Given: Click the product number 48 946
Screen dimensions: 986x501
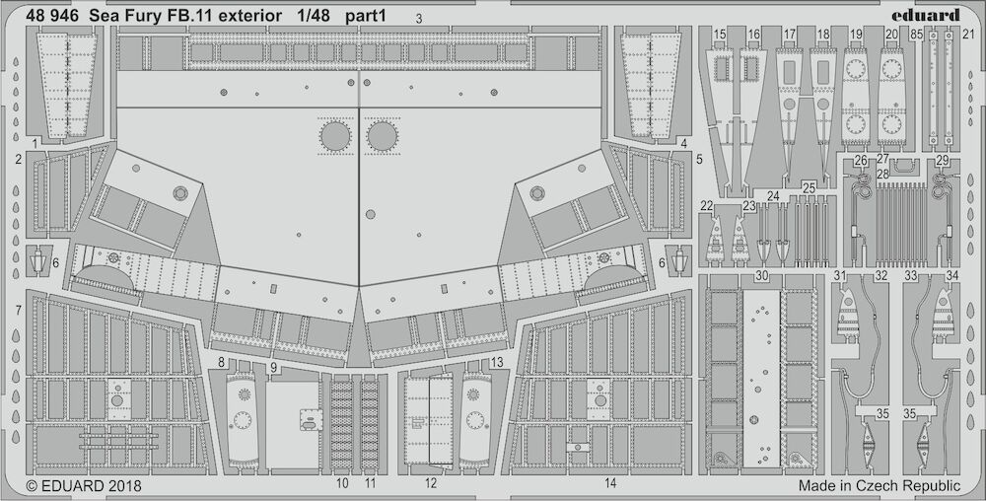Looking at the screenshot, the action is click(x=52, y=17).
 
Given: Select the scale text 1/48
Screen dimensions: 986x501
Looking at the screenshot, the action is click(x=314, y=17).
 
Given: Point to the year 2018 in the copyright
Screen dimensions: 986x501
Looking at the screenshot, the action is click(x=123, y=486).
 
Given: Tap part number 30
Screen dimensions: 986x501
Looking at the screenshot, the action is click(x=761, y=276).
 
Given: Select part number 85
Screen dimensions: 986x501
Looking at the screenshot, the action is click(x=916, y=36).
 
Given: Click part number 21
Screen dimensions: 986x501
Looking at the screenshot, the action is click(x=968, y=36).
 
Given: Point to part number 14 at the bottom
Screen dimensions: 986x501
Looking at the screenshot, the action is click(x=610, y=483).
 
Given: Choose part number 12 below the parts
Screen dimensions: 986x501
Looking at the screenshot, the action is click(x=430, y=483).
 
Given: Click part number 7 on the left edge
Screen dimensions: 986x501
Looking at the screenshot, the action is click(x=19, y=310).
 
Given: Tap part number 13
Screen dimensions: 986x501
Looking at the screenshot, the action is click(x=497, y=362).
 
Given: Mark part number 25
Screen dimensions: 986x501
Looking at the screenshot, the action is click(x=809, y=187).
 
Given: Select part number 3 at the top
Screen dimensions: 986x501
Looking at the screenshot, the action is click(x=419, y=19).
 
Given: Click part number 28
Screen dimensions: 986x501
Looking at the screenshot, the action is click(x=882, y=175).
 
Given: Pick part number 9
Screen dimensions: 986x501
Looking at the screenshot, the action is click(x=273, y=368).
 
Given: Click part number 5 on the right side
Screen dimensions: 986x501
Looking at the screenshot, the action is click(x=699, y=160).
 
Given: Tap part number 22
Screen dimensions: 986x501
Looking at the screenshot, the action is click(x=707, y=205).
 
